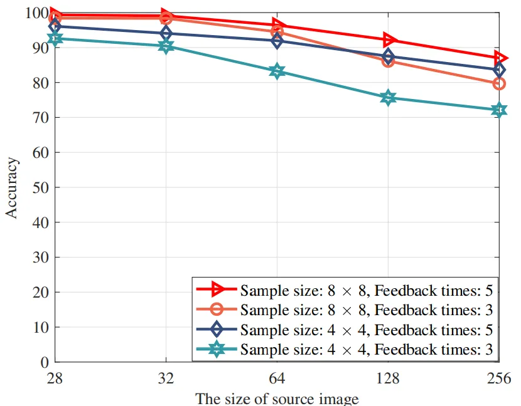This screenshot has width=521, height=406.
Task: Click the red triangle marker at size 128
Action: pos(389,40)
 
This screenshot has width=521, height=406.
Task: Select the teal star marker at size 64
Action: pos(277,71)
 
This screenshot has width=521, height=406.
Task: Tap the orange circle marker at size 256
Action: pos(499,83)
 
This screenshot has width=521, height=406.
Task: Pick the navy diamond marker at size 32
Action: pos(166,33)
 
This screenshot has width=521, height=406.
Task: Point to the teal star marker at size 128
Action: pos(388,97)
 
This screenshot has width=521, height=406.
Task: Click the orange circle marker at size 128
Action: pos(388,61)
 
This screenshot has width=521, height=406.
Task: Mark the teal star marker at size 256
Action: pos(499,110)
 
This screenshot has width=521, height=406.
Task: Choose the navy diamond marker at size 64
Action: pos(277,41)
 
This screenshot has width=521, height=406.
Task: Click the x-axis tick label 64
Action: pos(277,380)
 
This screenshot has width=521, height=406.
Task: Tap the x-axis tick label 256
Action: pos(499,380)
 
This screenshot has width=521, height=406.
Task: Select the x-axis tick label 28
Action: pos(55,380)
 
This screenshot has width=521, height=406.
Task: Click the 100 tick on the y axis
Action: pos(36,13)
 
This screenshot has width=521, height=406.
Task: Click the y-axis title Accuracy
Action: pos(13,187)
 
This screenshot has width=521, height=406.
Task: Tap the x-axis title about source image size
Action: pos(277,398)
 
